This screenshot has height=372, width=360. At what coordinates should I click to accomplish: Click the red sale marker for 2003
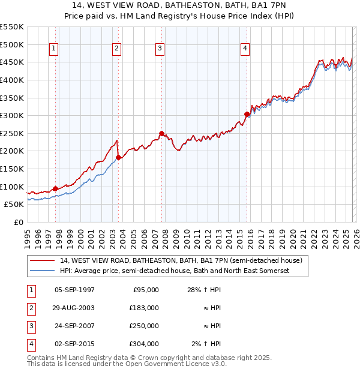(x=118, y=157)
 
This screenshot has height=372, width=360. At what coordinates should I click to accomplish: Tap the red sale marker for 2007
(x=161, y=133)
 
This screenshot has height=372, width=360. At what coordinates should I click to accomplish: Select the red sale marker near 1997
(x=55, y=188)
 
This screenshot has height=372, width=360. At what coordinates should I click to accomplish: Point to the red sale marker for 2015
(x=246, y=114)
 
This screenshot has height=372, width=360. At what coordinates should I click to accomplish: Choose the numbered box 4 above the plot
(x=245, y=49)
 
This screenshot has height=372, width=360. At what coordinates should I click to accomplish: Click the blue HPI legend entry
(x=175, y=271)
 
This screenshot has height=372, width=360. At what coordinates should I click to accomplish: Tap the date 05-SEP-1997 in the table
(x=74, y=290)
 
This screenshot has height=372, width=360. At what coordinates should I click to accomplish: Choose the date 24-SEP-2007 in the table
(x=74, y=326)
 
